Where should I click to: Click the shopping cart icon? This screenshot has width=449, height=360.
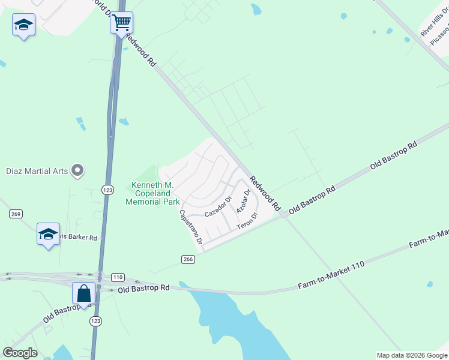click(x=121, y=23)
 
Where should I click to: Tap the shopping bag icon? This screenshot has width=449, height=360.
click(x=83, y=293)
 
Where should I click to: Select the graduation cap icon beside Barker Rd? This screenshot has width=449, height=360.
click(x=48, y=234)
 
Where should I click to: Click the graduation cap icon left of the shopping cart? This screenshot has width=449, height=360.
click(x=23, y=25)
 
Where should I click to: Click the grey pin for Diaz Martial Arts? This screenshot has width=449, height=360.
click(x=77, y=171)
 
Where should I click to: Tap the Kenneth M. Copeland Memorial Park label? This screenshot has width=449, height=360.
click(x=152, y=193)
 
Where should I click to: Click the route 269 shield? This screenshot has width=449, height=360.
click(x=16, y=214)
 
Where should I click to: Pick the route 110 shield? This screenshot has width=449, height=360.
click(x=118, y=277)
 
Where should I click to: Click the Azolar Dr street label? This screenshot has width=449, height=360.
click(x=243, y=202)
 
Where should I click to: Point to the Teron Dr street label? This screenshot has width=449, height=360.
click(x=247, y=221)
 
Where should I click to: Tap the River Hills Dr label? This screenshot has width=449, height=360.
click(x=435, y=23)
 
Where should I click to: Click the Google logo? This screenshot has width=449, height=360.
click(x=20, y=353)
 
